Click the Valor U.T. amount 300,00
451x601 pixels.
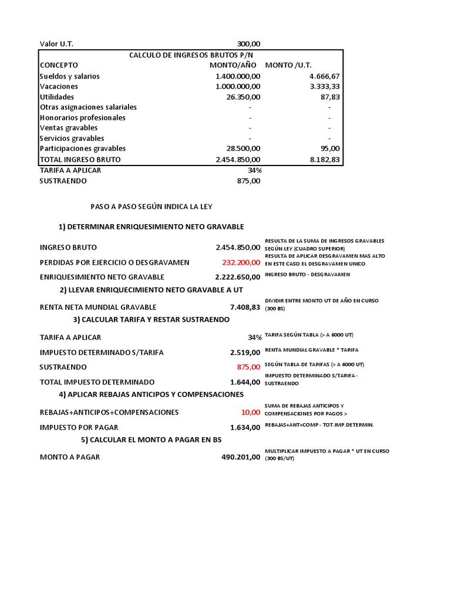point(248,44)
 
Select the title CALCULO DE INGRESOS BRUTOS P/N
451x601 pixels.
point(189,55)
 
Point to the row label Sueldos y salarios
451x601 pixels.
point(69,76)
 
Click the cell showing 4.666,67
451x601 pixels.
point(324,76)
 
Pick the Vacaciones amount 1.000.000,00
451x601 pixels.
point(238,86)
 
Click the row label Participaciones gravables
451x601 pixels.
point(82,148)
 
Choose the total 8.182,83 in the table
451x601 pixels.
point(324,159)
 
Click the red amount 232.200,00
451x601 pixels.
point(237,262)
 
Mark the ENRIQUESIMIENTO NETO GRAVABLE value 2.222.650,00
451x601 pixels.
point(237,277)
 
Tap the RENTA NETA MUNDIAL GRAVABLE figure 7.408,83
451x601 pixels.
point(245,307)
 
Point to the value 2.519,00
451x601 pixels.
point(245,352)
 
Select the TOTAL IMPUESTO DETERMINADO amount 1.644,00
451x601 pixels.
point(245,381)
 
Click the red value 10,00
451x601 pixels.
point(250,413)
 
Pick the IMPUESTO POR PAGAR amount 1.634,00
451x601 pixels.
point(245,427)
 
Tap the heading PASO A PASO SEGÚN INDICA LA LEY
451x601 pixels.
point(151,207)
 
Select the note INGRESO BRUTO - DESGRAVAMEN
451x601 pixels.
point(307,275)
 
